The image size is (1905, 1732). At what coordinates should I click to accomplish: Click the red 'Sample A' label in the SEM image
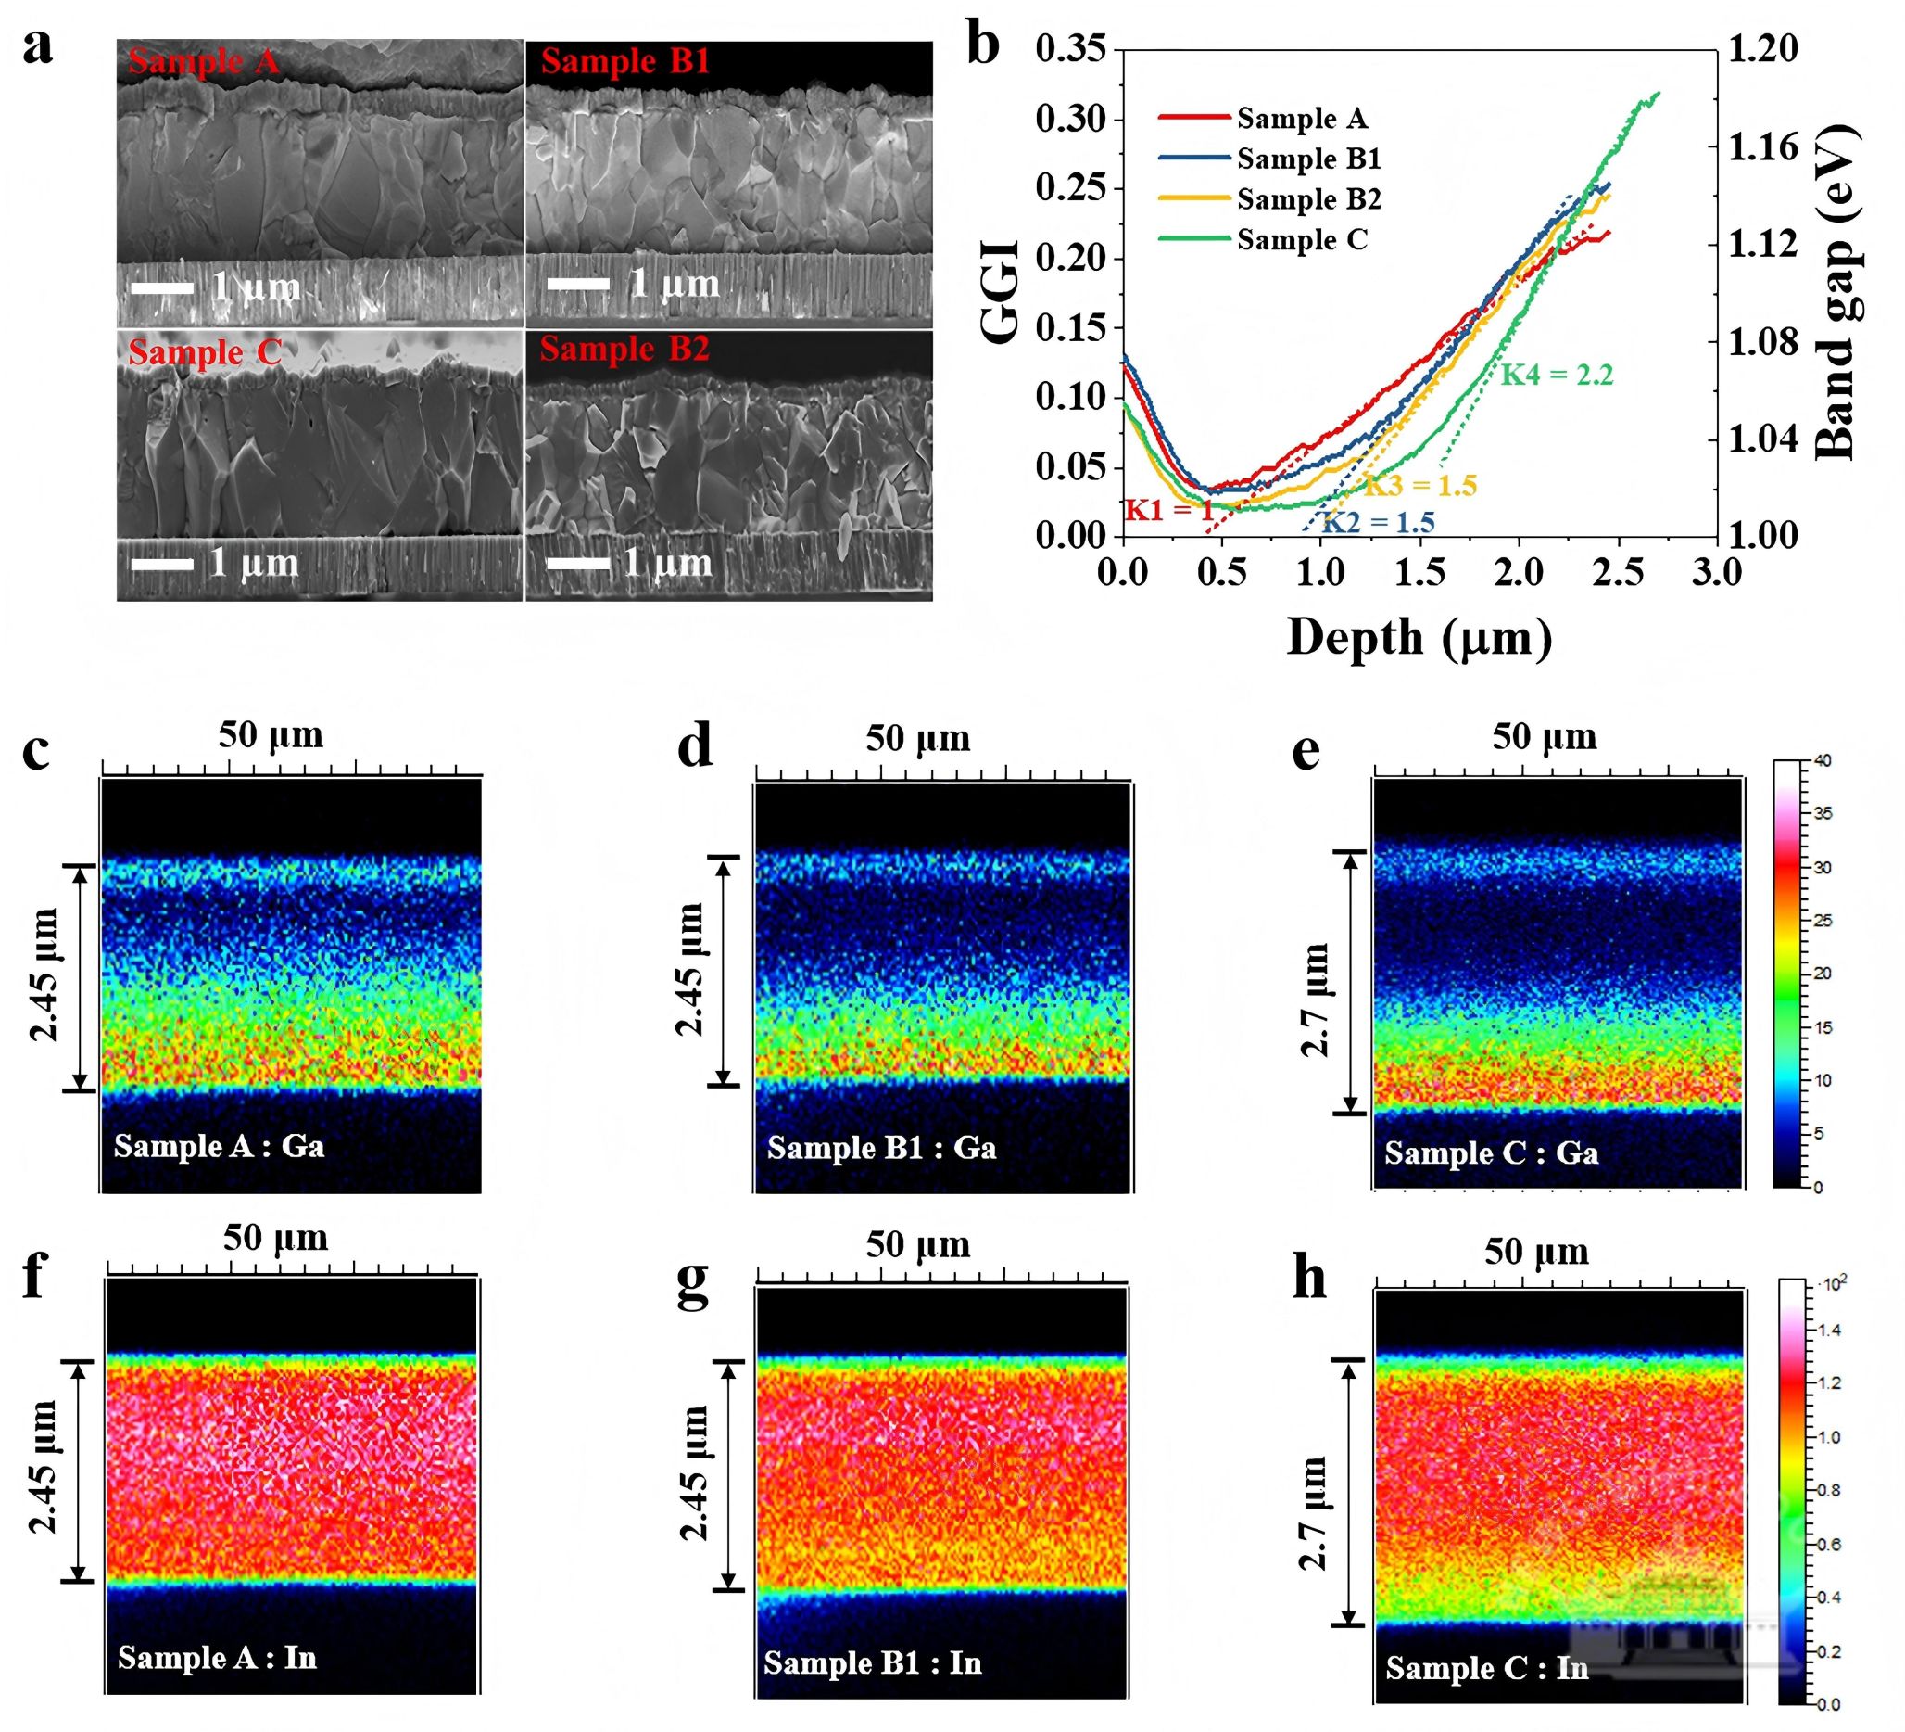point(203,61)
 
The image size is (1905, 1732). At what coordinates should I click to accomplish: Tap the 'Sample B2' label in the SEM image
point(624,349)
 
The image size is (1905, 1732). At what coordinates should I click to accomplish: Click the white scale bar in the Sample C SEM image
point(161,565)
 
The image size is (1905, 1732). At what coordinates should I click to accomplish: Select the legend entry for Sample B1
point(1307,159)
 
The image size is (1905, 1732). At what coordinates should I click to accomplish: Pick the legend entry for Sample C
point(1301,240)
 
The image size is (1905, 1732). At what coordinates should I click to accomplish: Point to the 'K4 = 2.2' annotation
point(1557,376)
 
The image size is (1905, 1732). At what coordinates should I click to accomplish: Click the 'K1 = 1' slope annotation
point(1168,511)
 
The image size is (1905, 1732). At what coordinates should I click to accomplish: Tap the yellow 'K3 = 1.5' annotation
point(1419,486)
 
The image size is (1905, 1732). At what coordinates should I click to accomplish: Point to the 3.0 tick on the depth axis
point(1715,573)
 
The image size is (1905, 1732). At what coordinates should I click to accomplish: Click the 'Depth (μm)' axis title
point(1419,637)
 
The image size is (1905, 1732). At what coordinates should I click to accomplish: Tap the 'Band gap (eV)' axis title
point(1836,293)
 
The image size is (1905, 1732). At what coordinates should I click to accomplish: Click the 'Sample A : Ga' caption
point(219,1146)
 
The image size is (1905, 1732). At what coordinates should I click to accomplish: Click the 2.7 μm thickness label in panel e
point(1316,1000)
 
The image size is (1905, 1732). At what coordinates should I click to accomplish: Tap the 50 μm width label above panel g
point(917,1245)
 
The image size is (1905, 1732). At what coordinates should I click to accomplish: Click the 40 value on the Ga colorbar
point(1822,761)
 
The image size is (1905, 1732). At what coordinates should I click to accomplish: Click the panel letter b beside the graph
point(983,45)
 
